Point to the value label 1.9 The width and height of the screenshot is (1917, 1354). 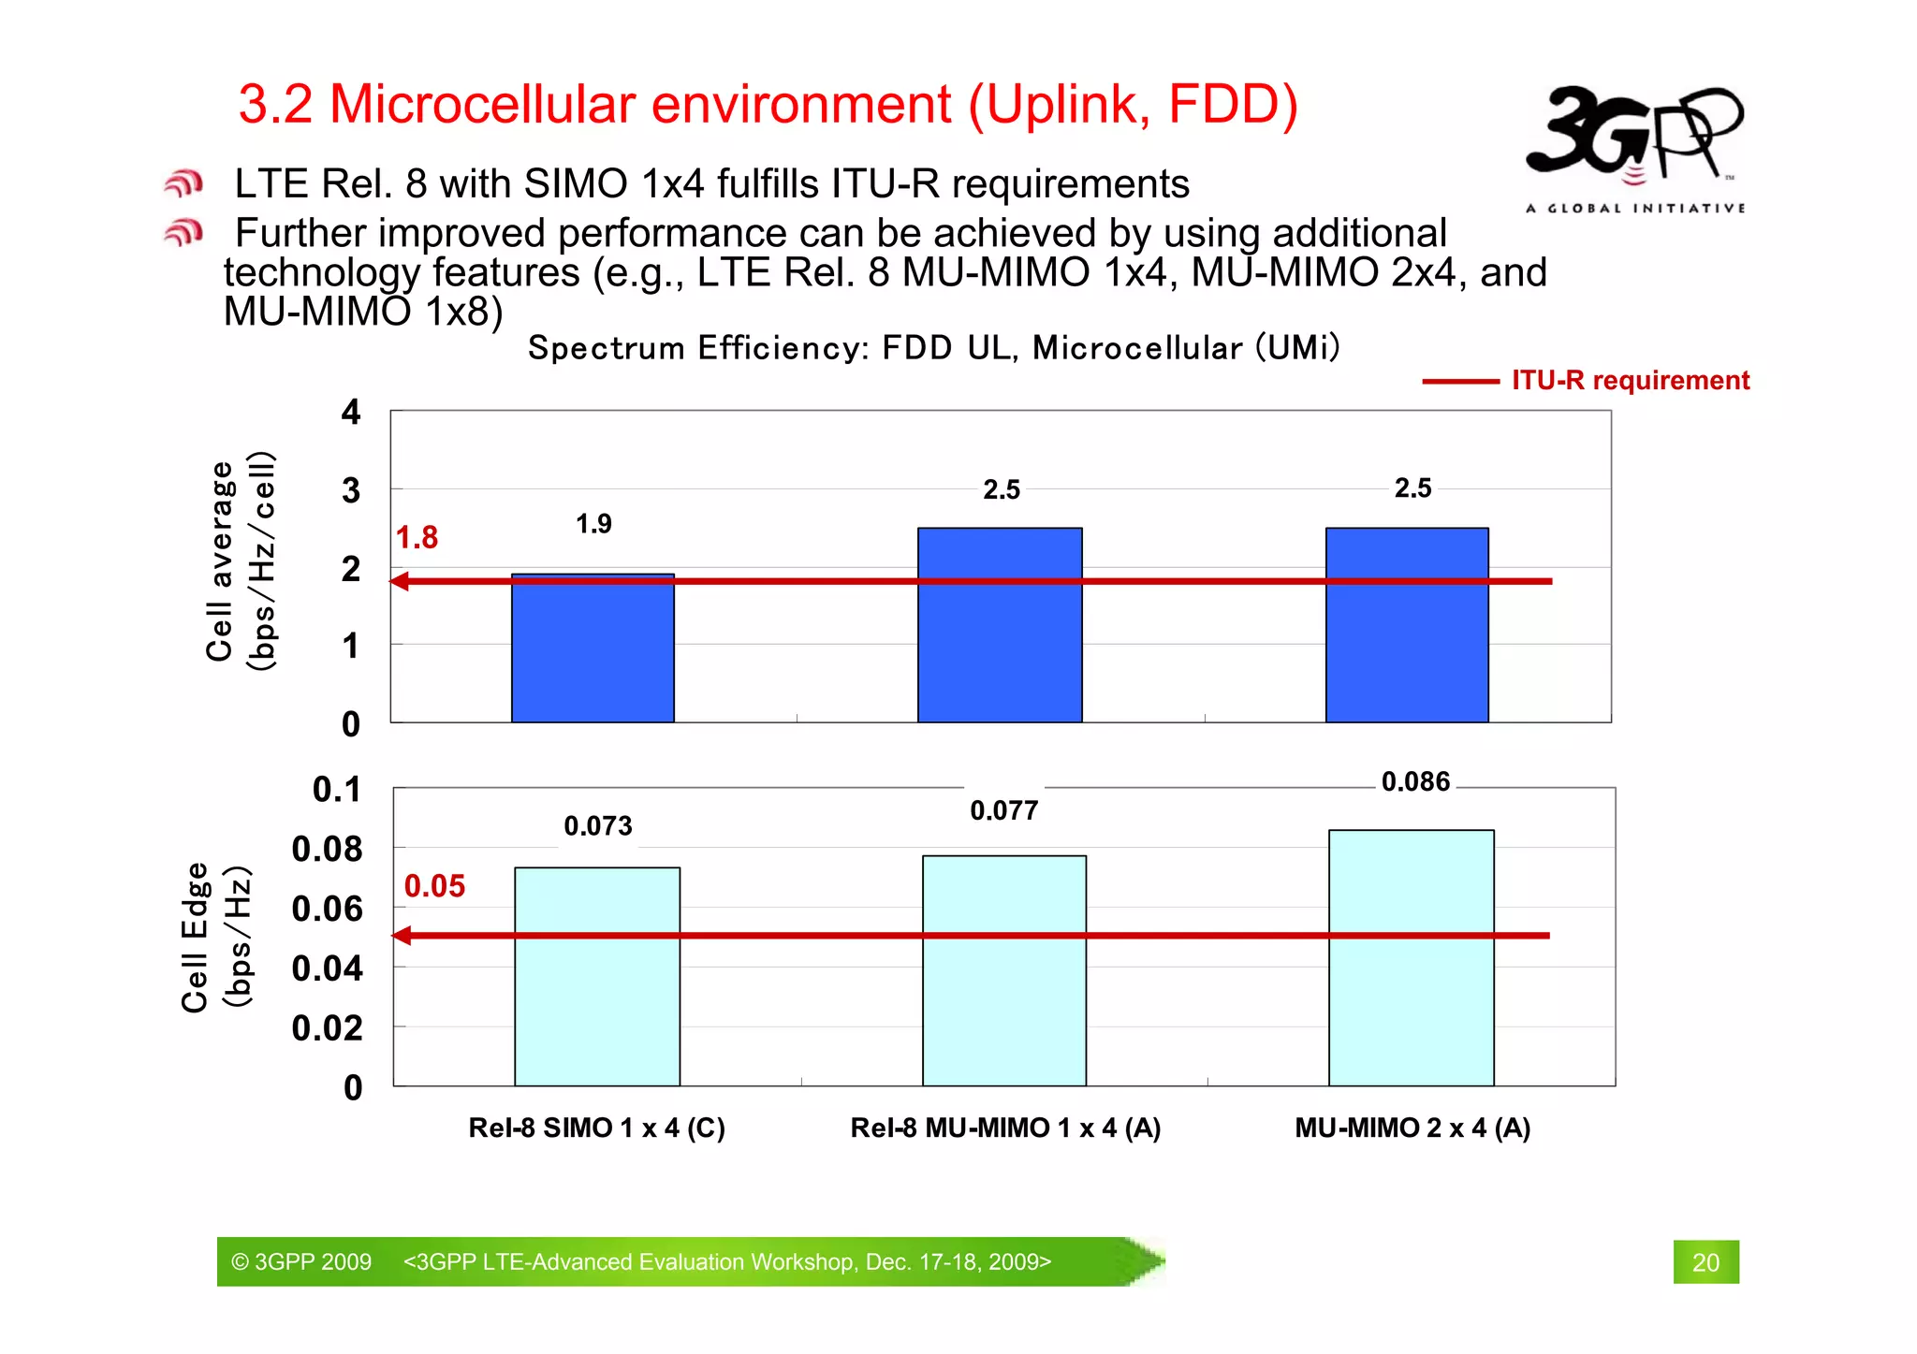[x=593, y=524]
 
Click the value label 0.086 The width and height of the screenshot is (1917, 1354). [x=1415, y=782]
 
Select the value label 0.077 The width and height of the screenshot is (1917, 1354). [x=1003, y=810]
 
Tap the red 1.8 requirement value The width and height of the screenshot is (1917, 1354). [x=417, y=538]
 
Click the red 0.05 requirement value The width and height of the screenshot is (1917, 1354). [x=434, y=886]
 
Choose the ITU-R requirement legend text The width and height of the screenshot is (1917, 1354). [x=1630, y=381]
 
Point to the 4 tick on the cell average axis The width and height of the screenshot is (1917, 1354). [x=351, y=412]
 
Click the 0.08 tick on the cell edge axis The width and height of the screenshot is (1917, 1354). [x=327, y=849]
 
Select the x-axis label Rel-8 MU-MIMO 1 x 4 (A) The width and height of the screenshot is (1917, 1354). [x=1005, y=1128]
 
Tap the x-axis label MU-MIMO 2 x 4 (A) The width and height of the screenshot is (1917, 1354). [x=1412, y=1128]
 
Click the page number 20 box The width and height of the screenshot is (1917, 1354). [x=1705, y=1262]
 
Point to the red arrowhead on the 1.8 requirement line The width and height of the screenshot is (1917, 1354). [x=400, y=582]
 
